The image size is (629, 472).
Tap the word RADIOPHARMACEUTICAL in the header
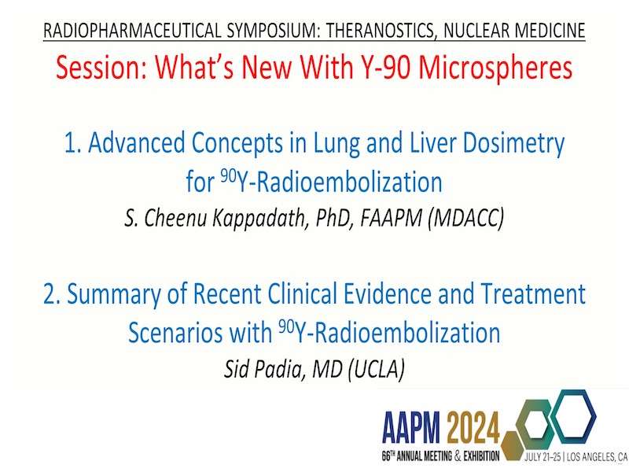(x=132, y=31)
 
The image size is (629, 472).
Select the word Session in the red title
(x=101, y=67)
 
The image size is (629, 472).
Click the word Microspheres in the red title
(x=495, y=68)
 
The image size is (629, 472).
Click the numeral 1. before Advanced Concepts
(x=73, y=142)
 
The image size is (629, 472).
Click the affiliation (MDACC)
(x=465, y=219)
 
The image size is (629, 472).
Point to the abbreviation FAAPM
(x=391, y=218)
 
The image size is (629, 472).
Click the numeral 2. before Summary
(x=52, y=293)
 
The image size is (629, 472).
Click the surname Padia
(x=280, y=368)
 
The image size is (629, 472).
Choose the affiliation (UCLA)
(x=376, y=369)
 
